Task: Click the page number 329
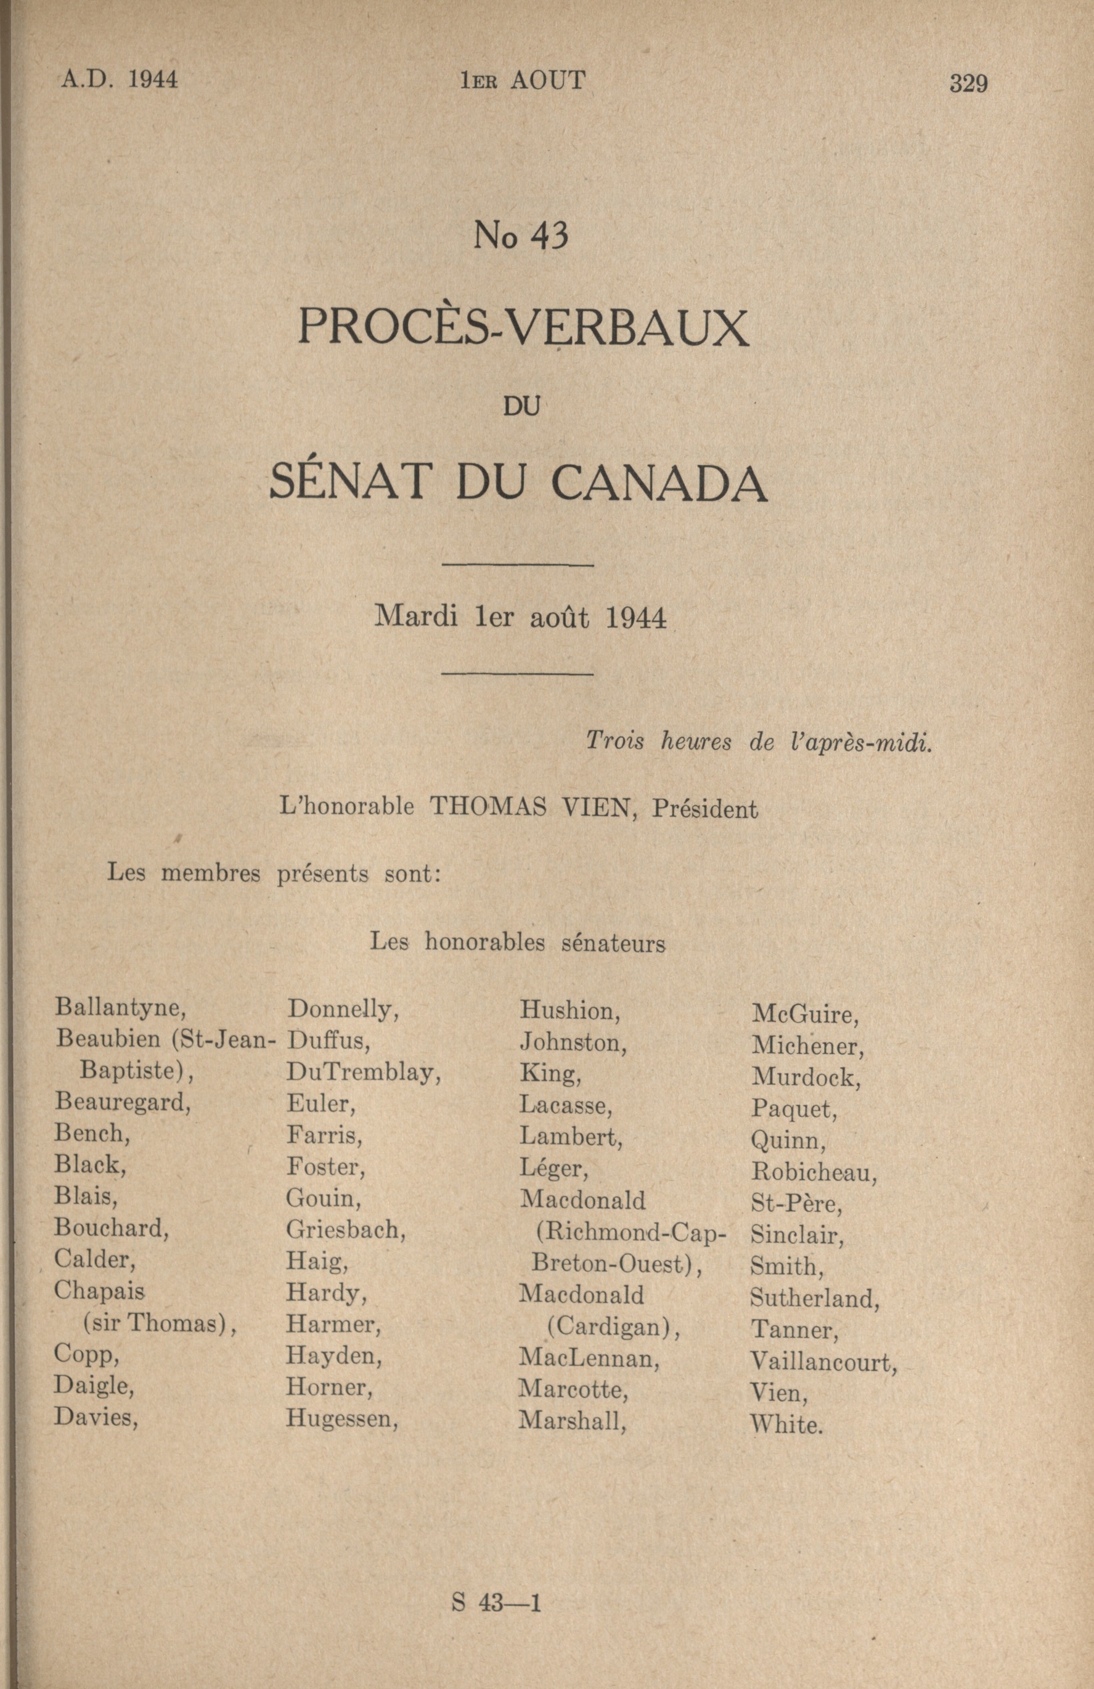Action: tap(968, 84)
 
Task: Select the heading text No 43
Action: tap(521, 236)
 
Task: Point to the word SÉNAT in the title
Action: tap(352, 482)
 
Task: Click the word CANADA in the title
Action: tap(659, 483)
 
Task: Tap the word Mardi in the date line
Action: tap(415, 616)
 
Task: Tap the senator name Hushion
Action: tap(569, 1010)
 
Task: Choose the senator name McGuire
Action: tap(804, 1014)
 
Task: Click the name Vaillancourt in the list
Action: tap(823, 1362)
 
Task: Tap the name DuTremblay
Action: tap(363, 1073)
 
